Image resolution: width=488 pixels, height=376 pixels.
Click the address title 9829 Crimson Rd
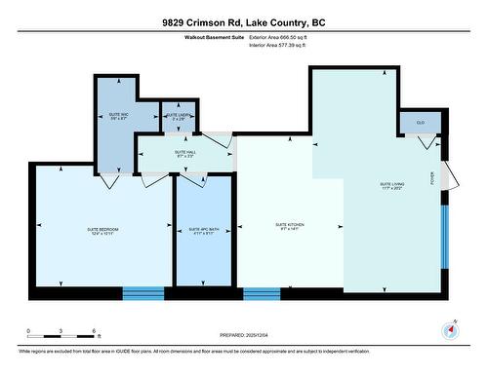[243, 22]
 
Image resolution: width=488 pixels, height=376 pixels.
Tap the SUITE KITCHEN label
[290, 226]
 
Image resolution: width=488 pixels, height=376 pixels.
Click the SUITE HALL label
[185, 153]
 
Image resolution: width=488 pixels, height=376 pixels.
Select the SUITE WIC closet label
[118, 118]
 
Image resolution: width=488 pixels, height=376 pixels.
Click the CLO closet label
[420, 123]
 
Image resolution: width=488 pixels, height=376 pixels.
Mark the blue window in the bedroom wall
[142, 292]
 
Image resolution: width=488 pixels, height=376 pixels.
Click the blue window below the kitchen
[262, 292]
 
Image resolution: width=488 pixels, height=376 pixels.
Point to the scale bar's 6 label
[93, 332]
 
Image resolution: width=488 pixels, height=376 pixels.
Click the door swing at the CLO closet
[426, 143]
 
